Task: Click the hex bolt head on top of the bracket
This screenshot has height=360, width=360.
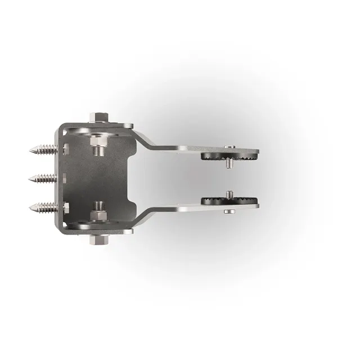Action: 100,118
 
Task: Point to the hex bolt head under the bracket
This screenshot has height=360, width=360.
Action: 100,241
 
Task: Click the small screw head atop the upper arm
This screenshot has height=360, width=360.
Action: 229,147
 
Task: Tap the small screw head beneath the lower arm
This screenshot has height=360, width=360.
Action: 229,211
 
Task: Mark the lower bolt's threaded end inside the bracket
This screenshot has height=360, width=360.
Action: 99,206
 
